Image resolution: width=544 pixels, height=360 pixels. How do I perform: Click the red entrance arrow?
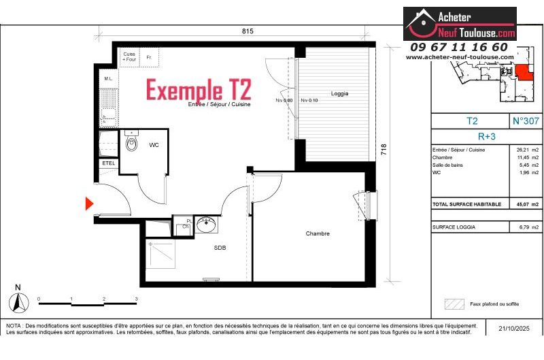click(89, 203)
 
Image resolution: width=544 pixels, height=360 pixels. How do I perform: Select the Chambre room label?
click(318, 233)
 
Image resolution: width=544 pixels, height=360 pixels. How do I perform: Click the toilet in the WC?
click(131, 143)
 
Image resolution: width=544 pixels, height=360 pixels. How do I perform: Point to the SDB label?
click(220, 248)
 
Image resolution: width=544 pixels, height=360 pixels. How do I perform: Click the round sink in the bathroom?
click(205, 223)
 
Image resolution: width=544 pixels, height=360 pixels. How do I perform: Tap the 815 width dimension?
click(247, 31)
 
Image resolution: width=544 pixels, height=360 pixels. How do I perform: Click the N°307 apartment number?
click(526, 121)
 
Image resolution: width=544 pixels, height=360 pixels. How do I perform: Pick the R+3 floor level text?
click(487, 136)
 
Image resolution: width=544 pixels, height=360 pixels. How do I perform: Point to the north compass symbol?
click(19, 301)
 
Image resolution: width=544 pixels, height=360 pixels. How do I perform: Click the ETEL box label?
click(108, 163)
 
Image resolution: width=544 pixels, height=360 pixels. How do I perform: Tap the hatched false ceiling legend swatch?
click(454, 304)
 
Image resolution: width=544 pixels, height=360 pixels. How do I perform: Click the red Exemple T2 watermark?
click(199, 90)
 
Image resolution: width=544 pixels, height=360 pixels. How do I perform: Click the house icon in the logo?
click(422, 23)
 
